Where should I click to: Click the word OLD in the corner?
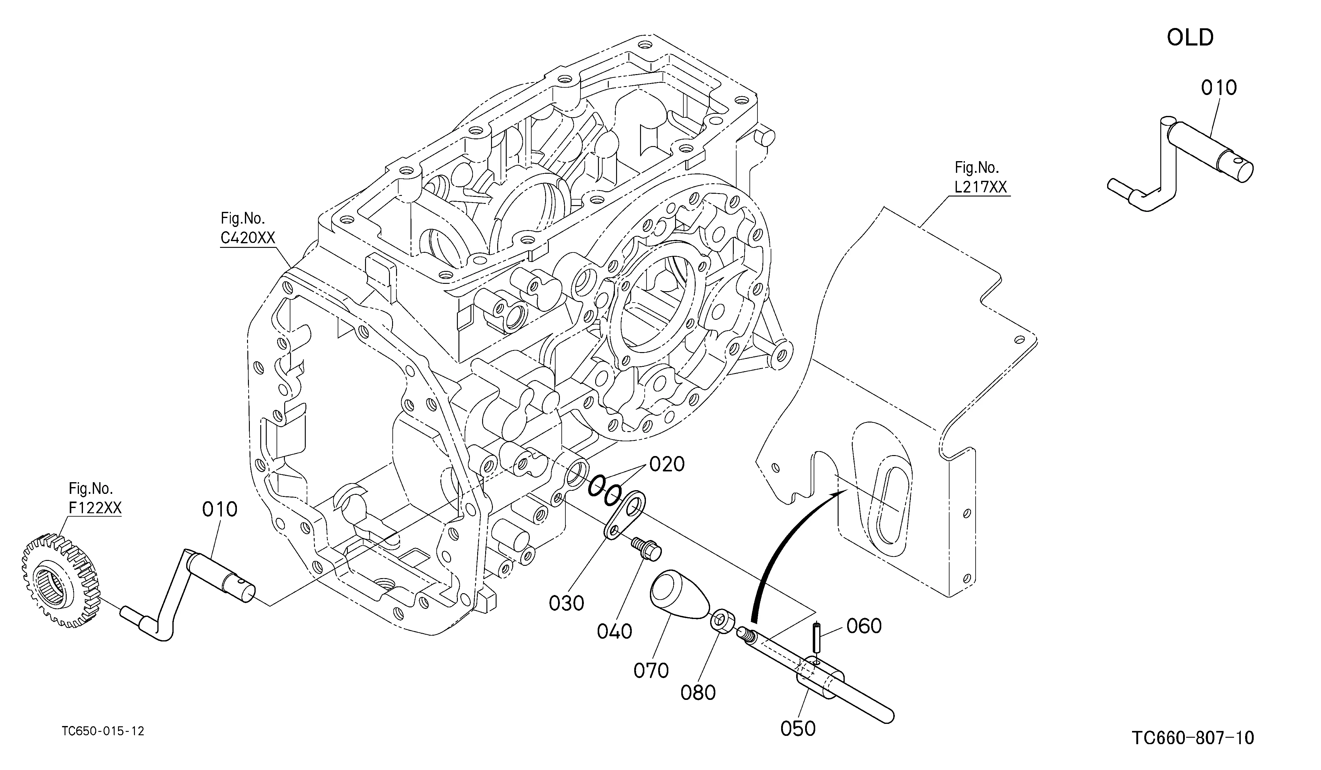point(1190,38)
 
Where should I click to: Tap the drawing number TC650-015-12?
point(103,731)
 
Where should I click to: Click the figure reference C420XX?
point(247,238)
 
